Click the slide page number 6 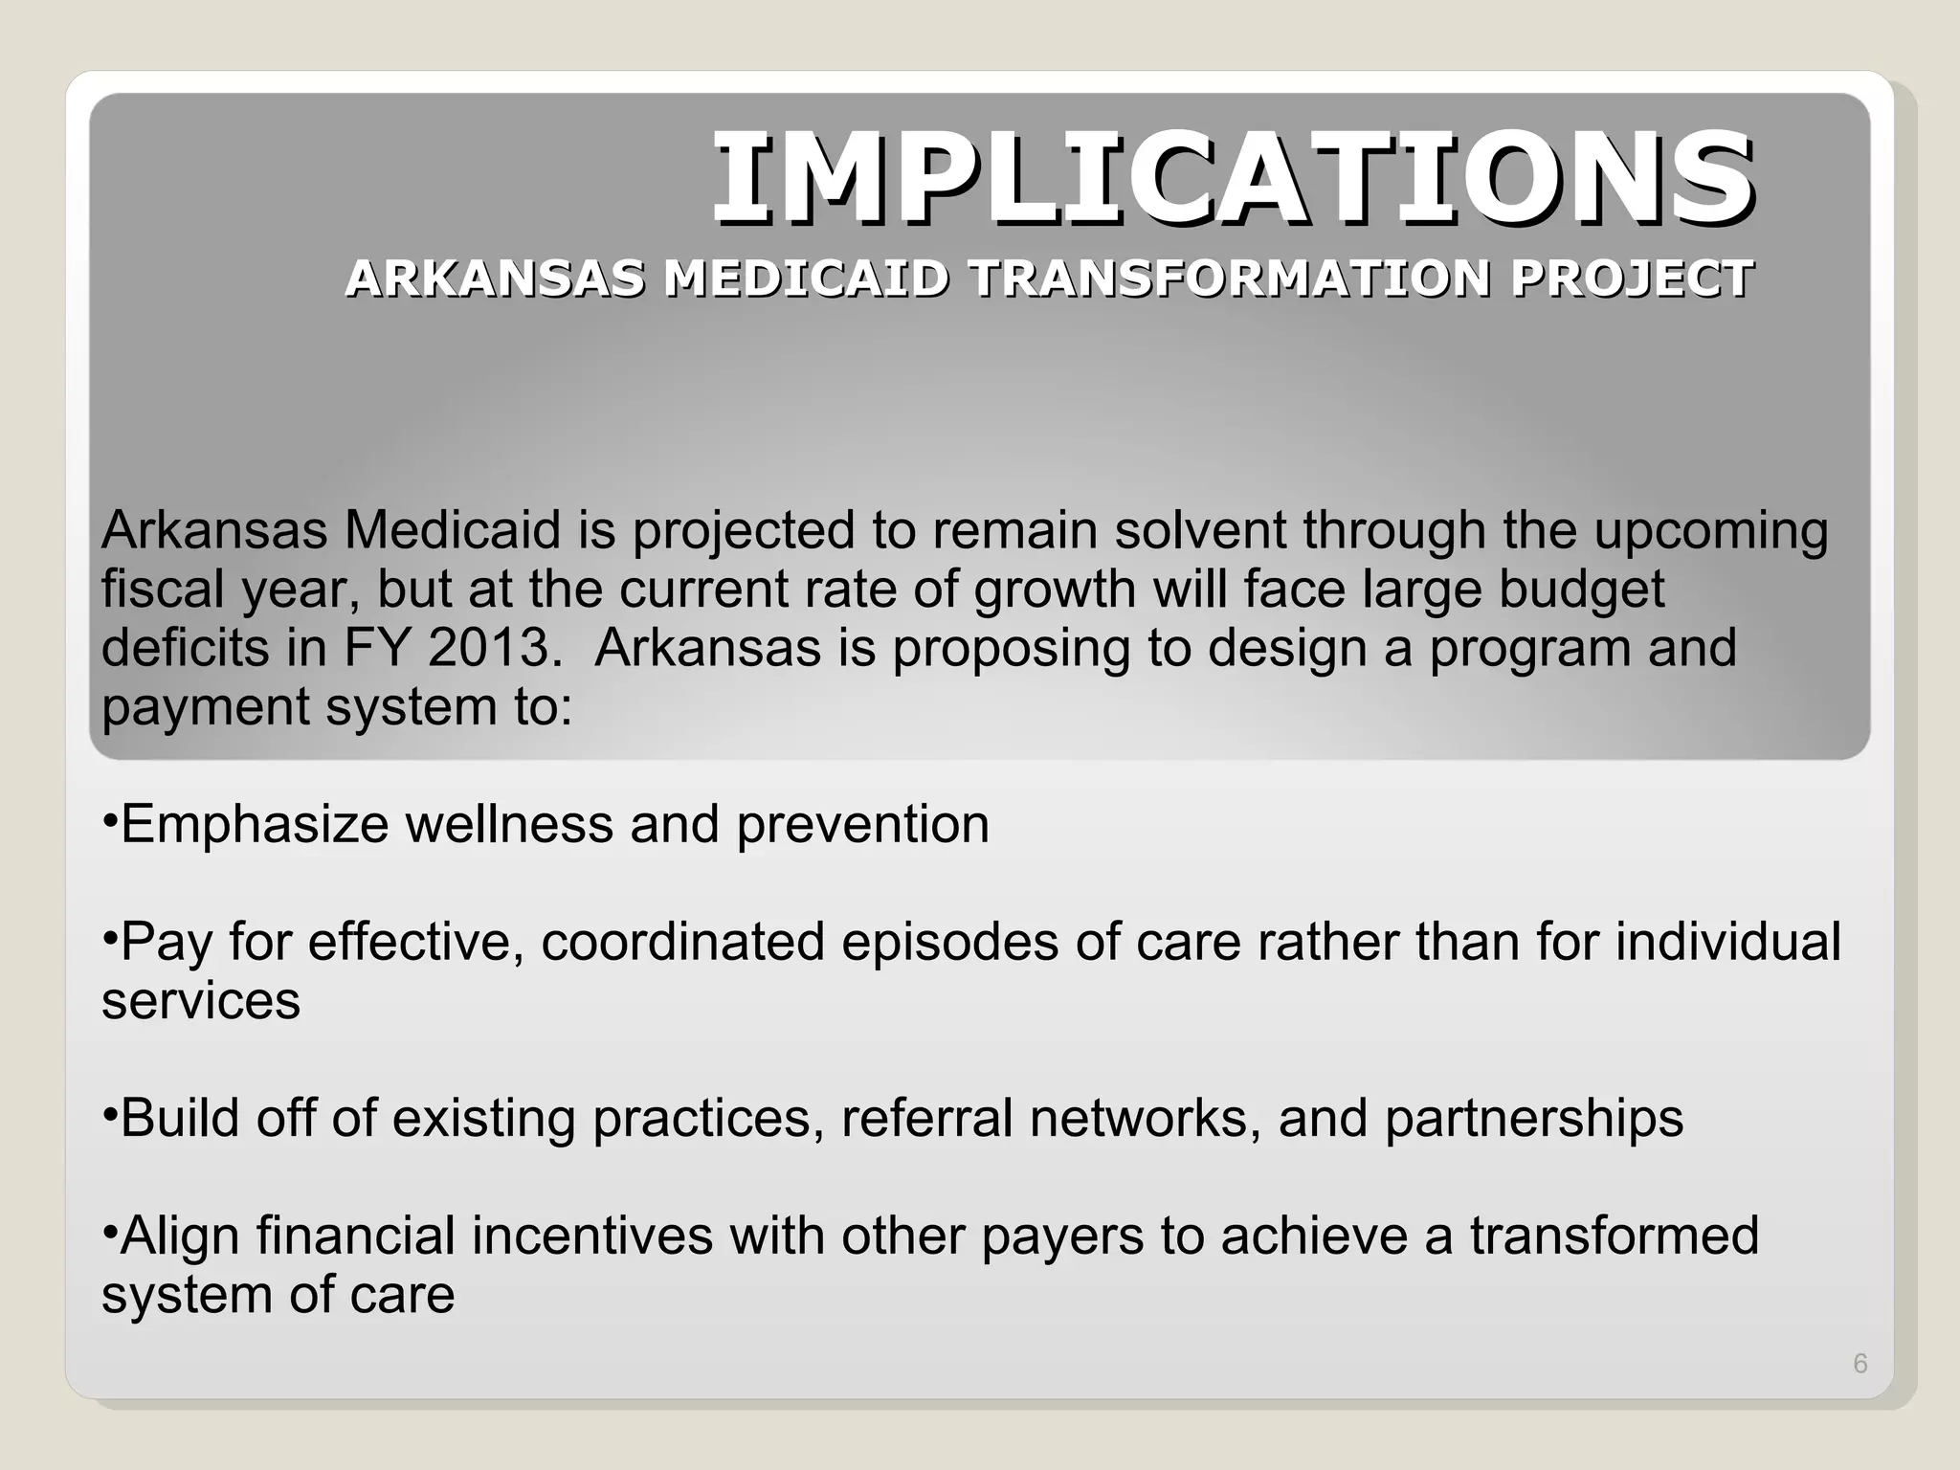pos(1860,1364)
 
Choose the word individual pos(1728,942)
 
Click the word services pos(201,1002)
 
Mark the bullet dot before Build pos(109,1113)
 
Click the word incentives pos(592,1236)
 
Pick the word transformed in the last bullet pos(1615,1236)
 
